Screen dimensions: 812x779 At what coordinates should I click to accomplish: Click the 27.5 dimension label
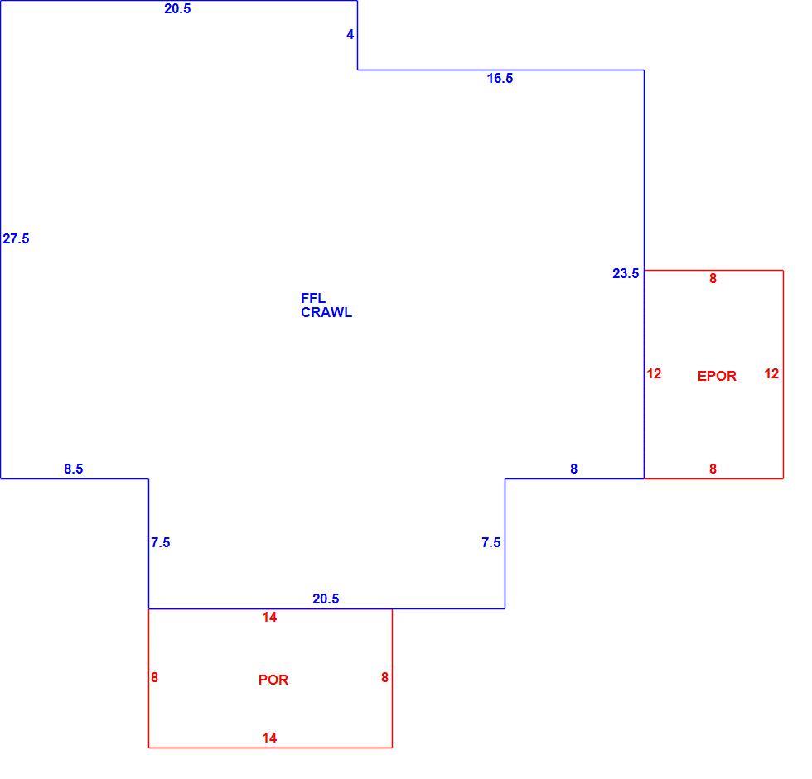coord(16,239)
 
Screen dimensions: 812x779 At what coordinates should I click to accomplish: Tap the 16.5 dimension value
coord(500,78)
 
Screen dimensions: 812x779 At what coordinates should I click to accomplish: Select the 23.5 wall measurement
coord(626,274)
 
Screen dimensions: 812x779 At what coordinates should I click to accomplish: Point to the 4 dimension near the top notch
coord(350,34)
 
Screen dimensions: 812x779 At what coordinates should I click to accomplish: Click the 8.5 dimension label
coord(74,469)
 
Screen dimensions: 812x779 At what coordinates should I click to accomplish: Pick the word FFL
coord(313,299)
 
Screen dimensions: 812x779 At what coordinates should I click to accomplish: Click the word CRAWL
coord(326,312)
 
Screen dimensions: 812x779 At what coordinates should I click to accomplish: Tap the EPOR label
coord(717,376)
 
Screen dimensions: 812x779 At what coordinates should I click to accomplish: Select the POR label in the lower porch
coord(273,680)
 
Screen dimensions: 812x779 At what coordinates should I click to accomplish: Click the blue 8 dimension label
coord(573,469)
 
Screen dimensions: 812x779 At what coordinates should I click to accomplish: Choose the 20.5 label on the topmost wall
coord(177,9)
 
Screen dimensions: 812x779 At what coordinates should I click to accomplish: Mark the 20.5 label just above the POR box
coord(326,599)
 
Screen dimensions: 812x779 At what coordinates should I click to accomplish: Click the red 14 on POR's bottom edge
coord(269,738)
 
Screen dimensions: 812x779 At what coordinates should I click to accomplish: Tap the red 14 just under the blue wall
coord(269,617)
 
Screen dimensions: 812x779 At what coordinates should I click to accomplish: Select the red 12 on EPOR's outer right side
coord(771,373)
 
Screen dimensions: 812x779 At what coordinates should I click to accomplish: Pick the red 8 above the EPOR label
coord(713,279)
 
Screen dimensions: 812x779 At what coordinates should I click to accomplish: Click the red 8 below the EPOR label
coord(713,469)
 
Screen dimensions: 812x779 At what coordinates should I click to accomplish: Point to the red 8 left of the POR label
coord(154,678)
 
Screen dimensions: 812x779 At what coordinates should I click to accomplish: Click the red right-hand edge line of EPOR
coord(783,374)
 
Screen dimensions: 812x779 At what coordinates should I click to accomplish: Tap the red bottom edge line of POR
coord(270,748)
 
